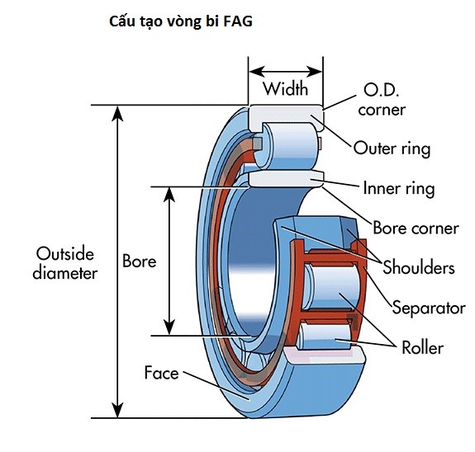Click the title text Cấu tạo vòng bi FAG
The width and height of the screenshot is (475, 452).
pos(181,22)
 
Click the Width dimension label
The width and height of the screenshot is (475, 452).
pos(285,88)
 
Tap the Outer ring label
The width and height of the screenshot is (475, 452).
pos(392,148)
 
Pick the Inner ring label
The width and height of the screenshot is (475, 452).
pos(398,188)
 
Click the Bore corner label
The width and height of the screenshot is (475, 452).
pos(416,228)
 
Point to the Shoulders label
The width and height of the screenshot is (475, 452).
pos(418,267)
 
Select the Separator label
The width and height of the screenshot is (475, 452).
pos(429,308)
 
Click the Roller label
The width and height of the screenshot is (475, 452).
pos(422,347)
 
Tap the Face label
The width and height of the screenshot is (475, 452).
pos(161,373)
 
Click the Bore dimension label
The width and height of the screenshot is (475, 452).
pos(139,261)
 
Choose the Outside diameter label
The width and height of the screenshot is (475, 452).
pos(64,262)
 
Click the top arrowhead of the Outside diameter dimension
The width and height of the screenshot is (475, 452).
pos(118,112)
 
